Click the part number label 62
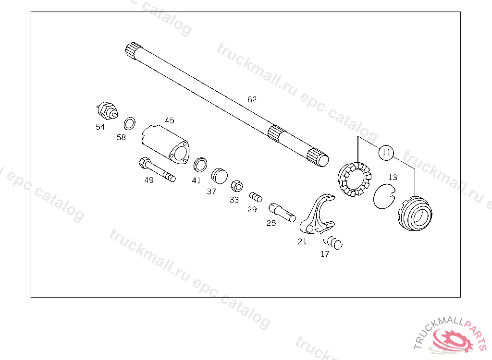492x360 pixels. click(252, 99)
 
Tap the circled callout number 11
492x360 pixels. click(386, 153)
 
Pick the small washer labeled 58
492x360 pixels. click(129, 124)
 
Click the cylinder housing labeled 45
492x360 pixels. click(166, 144)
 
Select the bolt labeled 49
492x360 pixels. click(157, 170)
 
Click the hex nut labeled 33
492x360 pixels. click(235, 185)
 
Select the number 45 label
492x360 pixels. click(170, 120)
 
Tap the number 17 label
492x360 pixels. click(325, 254)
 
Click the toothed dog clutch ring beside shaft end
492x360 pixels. click(355, 180)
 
